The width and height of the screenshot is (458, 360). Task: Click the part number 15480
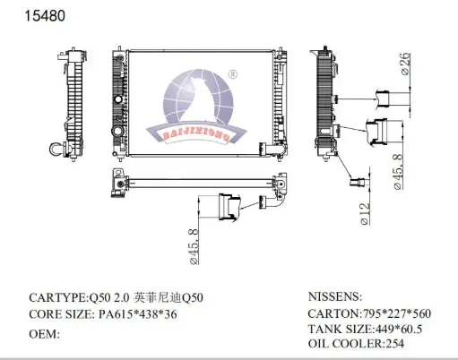coord(45,16)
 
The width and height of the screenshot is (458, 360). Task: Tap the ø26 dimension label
coord(405,64)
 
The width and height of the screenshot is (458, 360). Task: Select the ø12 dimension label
coord(365,214)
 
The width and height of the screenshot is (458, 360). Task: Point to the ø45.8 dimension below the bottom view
coord(194,246)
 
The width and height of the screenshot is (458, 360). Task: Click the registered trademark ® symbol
coord(232,74)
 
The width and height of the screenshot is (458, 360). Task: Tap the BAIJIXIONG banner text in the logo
coord(196,136)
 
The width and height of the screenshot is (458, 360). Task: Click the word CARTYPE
coord(57,297)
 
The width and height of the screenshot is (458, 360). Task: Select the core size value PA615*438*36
coord(138,314)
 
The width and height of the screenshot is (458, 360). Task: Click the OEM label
coord(44,334)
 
